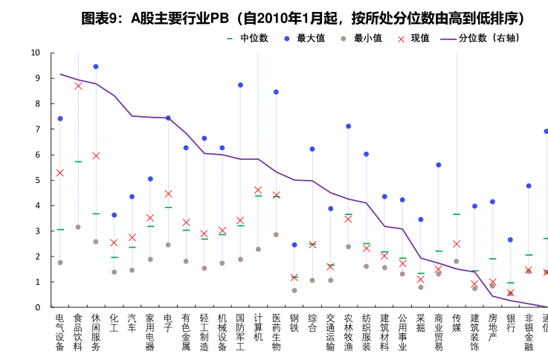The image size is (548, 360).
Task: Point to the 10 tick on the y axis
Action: [36, 53]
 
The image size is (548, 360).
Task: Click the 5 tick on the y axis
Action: [38, 180]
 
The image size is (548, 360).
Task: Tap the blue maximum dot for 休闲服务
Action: [96, 67]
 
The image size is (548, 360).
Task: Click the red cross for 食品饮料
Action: [78, 86]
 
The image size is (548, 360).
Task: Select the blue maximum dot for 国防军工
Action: [240, 86]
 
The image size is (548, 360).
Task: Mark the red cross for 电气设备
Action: [60, 173]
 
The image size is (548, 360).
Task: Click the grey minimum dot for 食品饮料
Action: [78, 227]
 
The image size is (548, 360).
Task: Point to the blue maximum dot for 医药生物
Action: [276, 92]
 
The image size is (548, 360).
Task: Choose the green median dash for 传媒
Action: [457, 214]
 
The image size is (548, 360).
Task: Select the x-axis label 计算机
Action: [258, 327]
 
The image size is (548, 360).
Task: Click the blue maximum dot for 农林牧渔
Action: [348, 126]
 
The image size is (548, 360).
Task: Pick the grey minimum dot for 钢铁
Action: [294, 290]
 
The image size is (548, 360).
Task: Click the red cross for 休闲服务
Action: [96, 155]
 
